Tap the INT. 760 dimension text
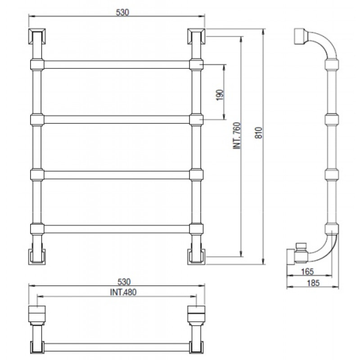pyautogui.click(x=237, y=136)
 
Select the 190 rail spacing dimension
pyautogui.click(x=220, y=95)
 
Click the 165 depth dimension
pyautogui.click(x=307, y=272)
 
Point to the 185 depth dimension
pyautogui.click(x=313, y=283)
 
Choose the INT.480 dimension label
pyautogui.click(x=123, y=292)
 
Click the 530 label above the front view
pyautogui.click(x=122, y=12)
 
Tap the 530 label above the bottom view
pyautogui.click(x=124, y=282)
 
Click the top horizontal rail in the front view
pyautogui.click(x=117, y=64)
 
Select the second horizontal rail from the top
pyautogui.click(x=117, y=119)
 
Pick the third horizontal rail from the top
pyautogui.click(x=117, y=175)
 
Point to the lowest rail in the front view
pyautogui.click(x=117, y=229)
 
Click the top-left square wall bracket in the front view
pyautogui.click(x=37, y=36)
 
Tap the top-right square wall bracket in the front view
pyautogui.click(x=196, y=36)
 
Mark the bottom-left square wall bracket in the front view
pyautogui.click(x=37, y=256)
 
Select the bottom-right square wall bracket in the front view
pyautogui.click(x=196, y=256)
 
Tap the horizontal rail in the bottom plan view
pyautogui.click(x=117, y=347)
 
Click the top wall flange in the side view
pyautogui.click(x=300, y=36)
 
